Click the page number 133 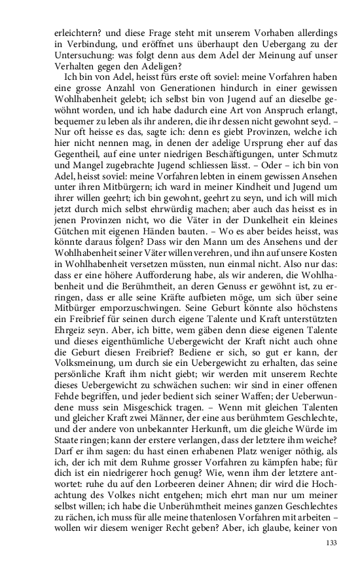(331, 543)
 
